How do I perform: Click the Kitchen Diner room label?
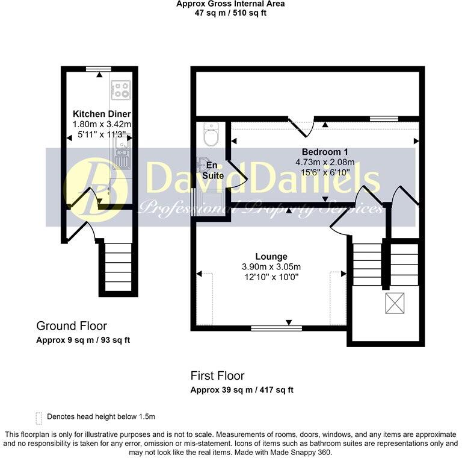point(102,114)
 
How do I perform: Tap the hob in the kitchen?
point(120,90)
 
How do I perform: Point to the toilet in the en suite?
point(211,134)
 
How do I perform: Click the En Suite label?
point(213,171)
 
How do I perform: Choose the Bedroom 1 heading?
point(325,152)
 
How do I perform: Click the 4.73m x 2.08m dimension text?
point(325,162)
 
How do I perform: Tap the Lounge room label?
point(271,257)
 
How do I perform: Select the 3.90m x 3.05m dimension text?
point(271,267)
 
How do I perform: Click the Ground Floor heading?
point(72,326)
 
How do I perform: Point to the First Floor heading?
point(217,375)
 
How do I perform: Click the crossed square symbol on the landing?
point(395,303)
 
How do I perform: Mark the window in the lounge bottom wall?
point(276,328)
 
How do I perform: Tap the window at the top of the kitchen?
point(99,69)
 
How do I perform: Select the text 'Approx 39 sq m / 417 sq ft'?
point(242,390)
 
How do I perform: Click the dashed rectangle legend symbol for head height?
point(38,418)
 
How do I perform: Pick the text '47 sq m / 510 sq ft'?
point(230,13)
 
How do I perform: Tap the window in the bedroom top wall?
point(384,119)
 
